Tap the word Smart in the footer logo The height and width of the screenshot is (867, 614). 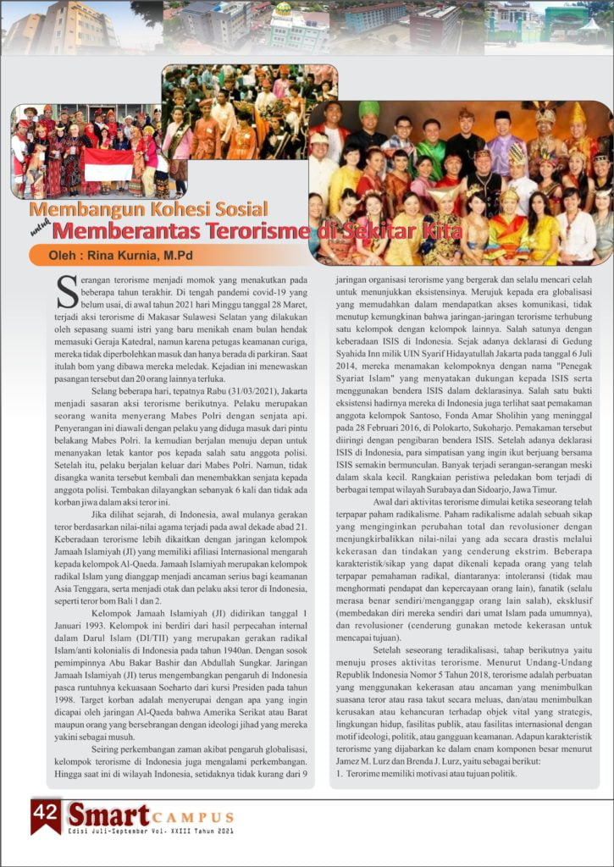(x=109, y=815)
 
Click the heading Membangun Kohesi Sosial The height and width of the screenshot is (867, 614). (x=148, y=209)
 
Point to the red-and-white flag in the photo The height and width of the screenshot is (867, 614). (x=108, y=164)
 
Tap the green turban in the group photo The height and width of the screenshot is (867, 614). (x=368, y=108)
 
